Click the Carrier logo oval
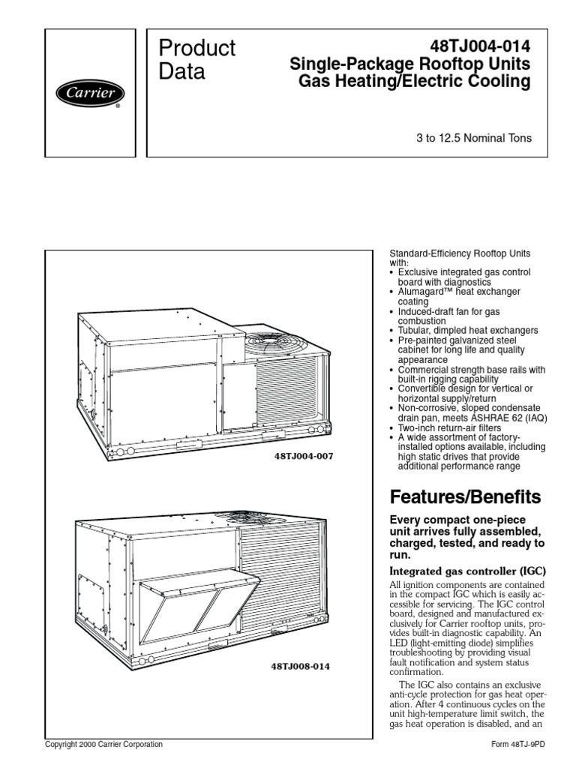click(89, 94)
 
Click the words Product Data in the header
click(197, 60)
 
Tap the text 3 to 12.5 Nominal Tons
click(474, 138)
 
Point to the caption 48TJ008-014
click(299, 665)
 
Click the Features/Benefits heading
click(464, 496)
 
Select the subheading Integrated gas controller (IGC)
click(467, 571)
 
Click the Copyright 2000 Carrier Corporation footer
click(103, 745)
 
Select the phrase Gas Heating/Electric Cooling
click(414, 81)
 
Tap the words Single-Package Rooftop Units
click(410, 64)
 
